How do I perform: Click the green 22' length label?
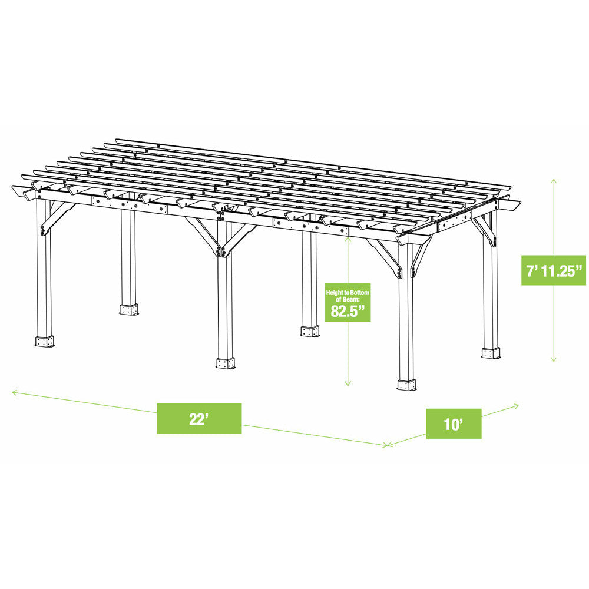pos(198,419)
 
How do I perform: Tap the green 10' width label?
pos(453,423)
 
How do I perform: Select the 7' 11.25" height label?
pos(553,270)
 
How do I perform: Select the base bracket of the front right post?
pos(406,384)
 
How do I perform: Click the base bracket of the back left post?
pos(128,309)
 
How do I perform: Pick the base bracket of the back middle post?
pos(309,330)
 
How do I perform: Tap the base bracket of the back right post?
pos(491,352)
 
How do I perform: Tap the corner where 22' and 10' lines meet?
pos(388,445)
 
